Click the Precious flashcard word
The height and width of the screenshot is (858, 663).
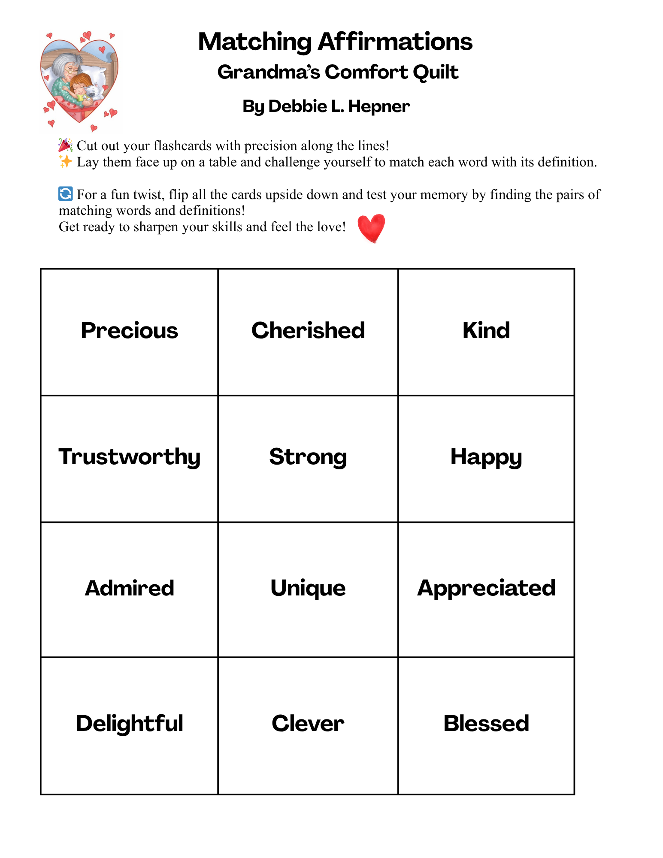click(129, 331)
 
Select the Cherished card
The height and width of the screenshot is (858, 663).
click(308, 331)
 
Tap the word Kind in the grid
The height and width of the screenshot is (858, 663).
click(486, 331)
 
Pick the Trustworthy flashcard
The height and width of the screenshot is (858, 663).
click(129, 457)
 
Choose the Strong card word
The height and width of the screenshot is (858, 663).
click(308, 457)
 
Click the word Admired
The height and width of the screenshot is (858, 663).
click(129, 588)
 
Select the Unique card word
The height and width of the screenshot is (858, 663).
click(308, 588)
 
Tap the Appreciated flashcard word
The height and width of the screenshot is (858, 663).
click(486, 588)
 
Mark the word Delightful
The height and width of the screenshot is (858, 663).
click(129, 723)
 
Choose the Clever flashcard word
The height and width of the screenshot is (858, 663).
click(308, 723)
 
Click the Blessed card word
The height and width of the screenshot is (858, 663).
click(486, 723)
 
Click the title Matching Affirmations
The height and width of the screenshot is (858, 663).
click(335, 42)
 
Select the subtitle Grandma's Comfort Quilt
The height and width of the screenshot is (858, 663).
click(338, 72)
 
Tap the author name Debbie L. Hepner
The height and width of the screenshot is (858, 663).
click(326, 106)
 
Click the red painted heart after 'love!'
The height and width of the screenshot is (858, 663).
click(371, 228)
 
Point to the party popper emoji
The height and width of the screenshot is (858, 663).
click(65, 145)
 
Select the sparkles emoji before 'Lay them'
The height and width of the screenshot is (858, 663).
click(65, 162)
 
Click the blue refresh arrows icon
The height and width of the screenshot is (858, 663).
click(65, 194)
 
